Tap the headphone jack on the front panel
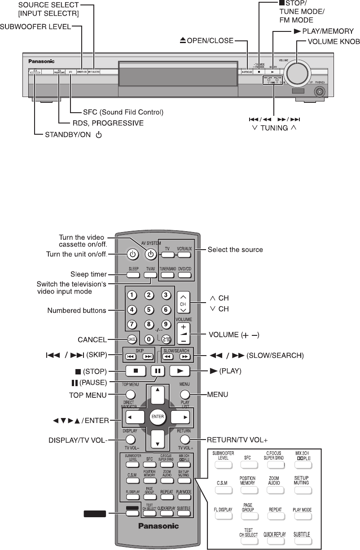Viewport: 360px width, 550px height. click(320, 92)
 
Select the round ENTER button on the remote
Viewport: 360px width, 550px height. click(158, 417)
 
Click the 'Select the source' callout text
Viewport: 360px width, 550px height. click(235, 250)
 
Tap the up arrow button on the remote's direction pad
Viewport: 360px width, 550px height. click(157, 395)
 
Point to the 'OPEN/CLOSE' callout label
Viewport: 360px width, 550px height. click(206, 41)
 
